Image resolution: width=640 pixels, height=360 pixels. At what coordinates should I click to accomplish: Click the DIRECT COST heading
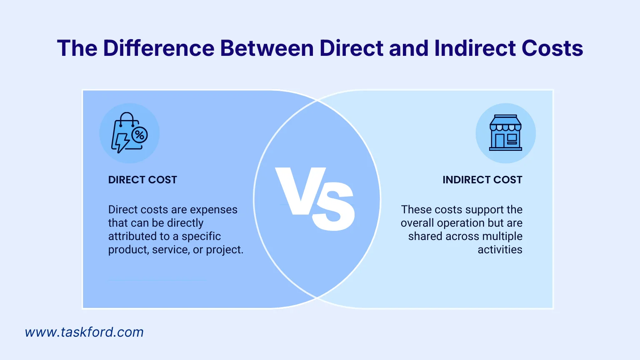click(x=142, y=180)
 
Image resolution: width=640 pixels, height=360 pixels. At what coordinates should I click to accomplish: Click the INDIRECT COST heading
click(x=482, y=180)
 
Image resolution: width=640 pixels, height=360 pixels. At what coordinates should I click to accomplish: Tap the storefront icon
click(x=505, y=133)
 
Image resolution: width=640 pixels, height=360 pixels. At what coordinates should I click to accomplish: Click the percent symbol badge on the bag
click(x=140, y=135)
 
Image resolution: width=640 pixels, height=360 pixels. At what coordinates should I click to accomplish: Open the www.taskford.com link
click(x=84, y=332)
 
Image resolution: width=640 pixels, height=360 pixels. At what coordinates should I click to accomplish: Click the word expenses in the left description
click(x=214, y=210)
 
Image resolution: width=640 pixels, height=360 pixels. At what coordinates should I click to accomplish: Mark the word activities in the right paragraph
click(x=500, y=250)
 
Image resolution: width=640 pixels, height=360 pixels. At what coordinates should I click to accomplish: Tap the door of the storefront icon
click(x=500, y=141)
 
